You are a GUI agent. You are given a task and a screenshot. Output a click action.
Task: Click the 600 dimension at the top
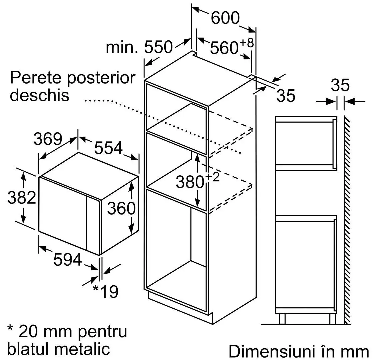pos(225,18)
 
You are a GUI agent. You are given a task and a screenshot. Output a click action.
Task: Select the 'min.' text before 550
pos(122,48)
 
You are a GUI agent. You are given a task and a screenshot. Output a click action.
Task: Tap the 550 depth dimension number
pos(158,47)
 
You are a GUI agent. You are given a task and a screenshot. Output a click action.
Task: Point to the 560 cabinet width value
pos(224,48)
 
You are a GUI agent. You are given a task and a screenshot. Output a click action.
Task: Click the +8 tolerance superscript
pos(247,43)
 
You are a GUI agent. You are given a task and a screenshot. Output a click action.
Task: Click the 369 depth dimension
pos(48,139)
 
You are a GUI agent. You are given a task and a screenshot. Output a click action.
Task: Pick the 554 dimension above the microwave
pos(108,148)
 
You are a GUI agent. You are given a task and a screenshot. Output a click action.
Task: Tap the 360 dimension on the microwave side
pos(121,209)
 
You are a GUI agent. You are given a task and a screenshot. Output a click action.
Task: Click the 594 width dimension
pos(67,259)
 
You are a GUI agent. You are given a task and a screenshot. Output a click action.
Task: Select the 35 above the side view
pos(340,85)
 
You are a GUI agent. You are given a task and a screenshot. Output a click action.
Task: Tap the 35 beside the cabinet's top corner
pos(286,96)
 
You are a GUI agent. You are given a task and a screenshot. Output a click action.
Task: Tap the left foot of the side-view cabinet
pos(282,319)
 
